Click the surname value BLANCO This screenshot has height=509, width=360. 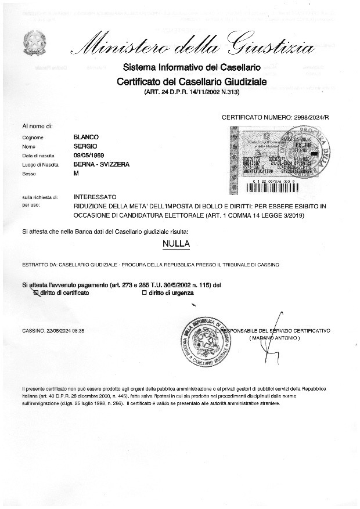pos(87,137)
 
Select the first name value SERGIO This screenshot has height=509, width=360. pos(85,146)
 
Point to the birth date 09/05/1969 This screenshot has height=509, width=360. pos(90,156)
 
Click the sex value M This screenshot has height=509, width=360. pos(77,174)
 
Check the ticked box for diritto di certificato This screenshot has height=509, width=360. pos(36,293)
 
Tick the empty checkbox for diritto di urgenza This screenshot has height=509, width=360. pos(145,293)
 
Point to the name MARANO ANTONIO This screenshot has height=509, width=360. pos(275,337)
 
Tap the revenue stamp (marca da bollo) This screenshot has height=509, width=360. pos(279,156)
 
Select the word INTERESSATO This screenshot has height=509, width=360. pos(95,197)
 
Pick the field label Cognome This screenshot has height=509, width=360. pos(33,138)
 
